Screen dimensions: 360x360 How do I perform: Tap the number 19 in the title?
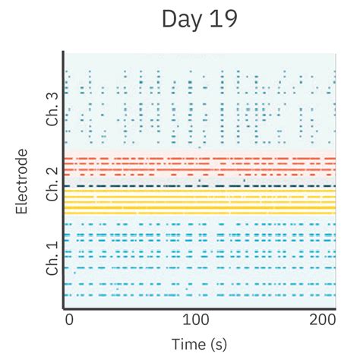(222, 21)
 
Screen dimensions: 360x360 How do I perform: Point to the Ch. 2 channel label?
(52, 183)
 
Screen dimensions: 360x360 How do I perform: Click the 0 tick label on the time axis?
(68, 319)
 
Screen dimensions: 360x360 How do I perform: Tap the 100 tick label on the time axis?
(197, 319)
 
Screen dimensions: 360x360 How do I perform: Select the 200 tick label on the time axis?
(324, 319)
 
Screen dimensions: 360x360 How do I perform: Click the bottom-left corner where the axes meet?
(64, 308)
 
